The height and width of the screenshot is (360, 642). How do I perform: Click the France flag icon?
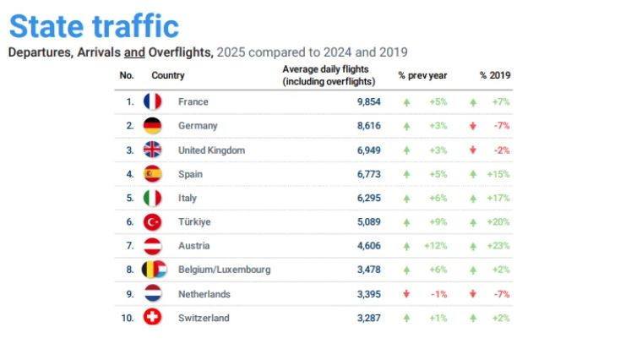(x=152, y=101)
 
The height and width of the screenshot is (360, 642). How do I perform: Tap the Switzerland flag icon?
(x=152, y=318)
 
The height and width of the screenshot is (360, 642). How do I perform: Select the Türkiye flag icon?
(x=152, y=221)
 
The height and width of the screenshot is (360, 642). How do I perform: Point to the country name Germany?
(x=198, y=125)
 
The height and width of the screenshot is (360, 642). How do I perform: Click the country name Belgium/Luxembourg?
(x=224, y=270)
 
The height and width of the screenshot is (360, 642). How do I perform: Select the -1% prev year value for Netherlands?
(x=439, y=294)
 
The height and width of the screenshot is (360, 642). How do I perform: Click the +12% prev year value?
(x=435, y=246)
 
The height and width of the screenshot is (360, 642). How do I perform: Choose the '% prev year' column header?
(x=422, y=75)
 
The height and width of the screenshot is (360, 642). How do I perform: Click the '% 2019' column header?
(x=495, y=75)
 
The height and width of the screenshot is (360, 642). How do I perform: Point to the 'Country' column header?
(x=168, y=75)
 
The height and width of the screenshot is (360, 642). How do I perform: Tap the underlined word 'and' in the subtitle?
(x=135, y=52)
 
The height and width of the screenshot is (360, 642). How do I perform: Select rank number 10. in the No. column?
(x=128, y=318)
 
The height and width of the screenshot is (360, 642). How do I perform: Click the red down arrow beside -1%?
(x=406, y=294)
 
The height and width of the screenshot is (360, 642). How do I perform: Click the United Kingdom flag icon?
(x=152, y=150)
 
